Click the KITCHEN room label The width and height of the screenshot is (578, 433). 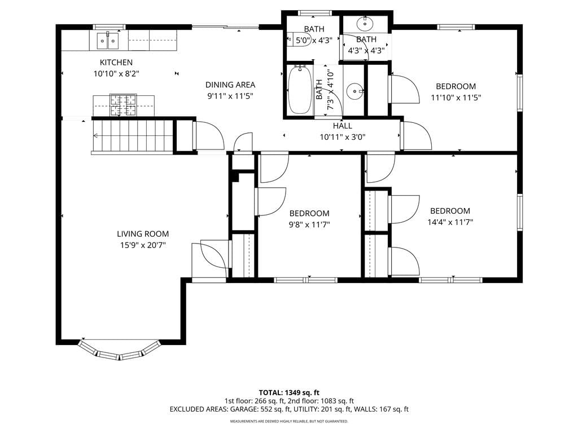click(x=116, y=62)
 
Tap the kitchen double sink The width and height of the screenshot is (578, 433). click(x=108, y=41)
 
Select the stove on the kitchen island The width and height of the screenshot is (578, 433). click(x=123, y=105)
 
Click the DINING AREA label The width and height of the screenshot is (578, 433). click(x=230, y=85)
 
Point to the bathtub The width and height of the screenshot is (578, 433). click(x=299, y=90)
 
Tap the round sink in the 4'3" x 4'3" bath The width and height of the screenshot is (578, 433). click(x=365, y=24)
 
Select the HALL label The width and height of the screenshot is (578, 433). click(x=343, y=126)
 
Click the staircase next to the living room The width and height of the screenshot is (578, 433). click(x=132, y=136)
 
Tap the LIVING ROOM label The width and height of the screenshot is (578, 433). click(x=143, y=234)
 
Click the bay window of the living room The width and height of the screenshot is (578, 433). click(x=120, y=351)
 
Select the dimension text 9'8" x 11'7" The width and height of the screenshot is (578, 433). click(x=309, y=224)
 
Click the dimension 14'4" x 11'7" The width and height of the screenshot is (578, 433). click(x=450, y=222)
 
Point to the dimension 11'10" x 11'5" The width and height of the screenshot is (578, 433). click(x=456, y=98)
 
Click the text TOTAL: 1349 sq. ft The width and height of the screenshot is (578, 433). click(x=289, y=392)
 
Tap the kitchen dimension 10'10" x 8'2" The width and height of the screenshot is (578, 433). click(x=116, y=74)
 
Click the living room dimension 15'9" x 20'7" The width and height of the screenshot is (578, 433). click(x=143, y=245)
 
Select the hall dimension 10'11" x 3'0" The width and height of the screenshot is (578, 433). click(x=343, y=137)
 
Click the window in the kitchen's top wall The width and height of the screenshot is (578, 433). click(x=109, y=27)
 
